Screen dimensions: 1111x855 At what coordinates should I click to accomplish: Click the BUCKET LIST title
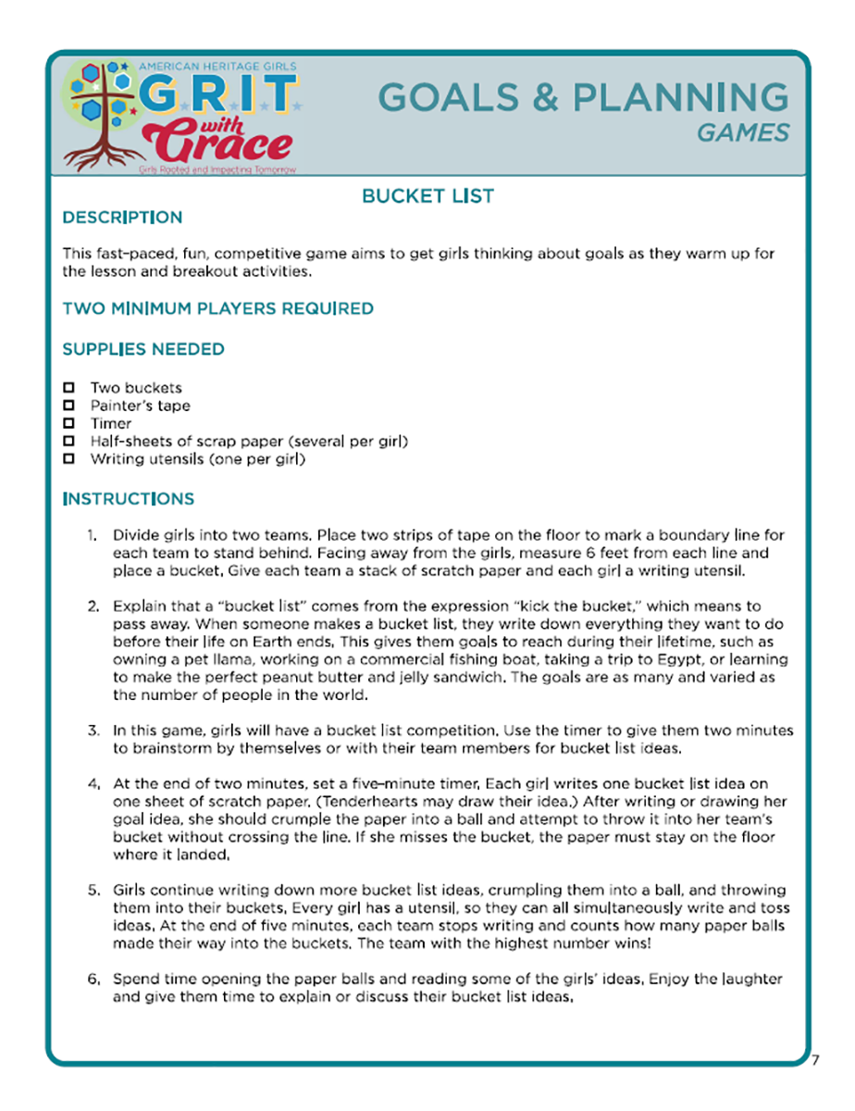point(427,196)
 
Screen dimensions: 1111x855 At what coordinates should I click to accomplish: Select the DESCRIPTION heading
point(122,218)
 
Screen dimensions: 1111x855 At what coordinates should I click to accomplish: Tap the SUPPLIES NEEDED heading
point(142,349)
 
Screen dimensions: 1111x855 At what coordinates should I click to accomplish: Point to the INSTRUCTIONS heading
point(128,499)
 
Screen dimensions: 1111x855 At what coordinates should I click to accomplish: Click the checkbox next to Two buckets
point(68,388)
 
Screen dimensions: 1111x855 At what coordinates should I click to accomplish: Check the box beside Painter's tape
point(68,406)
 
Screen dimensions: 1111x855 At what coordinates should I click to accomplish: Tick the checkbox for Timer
point(68,423)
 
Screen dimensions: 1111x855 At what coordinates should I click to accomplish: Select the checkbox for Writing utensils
point(68,458)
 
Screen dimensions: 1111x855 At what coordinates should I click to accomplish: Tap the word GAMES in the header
point(743,133)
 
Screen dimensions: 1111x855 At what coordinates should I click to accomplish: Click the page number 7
point(815,1060)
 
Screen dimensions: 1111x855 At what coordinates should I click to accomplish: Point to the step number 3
point(93,730)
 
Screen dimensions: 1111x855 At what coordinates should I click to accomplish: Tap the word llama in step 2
point(224,659)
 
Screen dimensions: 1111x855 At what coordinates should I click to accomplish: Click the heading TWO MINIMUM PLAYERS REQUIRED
point(217,308)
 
